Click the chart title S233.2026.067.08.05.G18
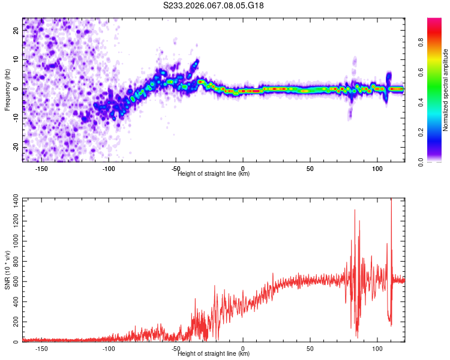214,5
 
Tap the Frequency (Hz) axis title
7,89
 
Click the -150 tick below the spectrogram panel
41,168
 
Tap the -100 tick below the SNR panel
109,348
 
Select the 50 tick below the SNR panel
310,348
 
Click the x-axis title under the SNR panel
214,354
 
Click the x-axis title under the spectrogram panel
214,174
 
